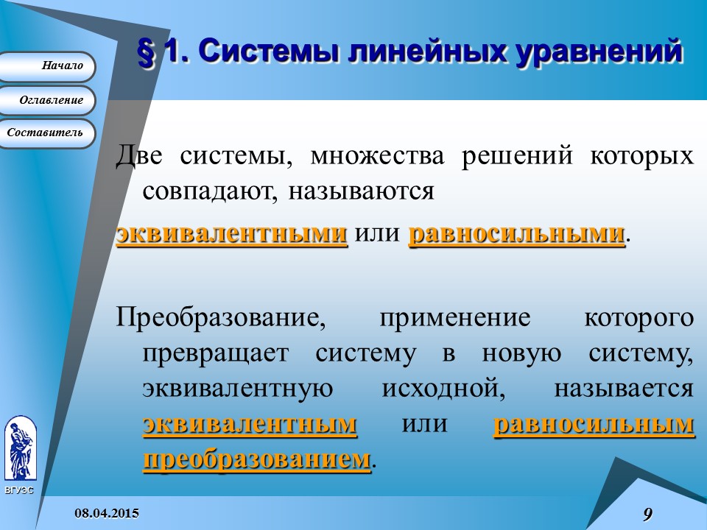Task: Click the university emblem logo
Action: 19,448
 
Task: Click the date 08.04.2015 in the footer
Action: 106,513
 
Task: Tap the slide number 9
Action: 647,515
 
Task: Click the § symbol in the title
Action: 147,52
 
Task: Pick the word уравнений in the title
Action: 596,52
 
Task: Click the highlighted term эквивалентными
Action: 232,234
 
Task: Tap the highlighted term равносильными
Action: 516,234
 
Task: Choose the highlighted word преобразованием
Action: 256,459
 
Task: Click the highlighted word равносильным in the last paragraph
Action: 594,425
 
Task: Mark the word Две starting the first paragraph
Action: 142,157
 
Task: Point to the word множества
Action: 377,157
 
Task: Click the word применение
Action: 454,319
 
